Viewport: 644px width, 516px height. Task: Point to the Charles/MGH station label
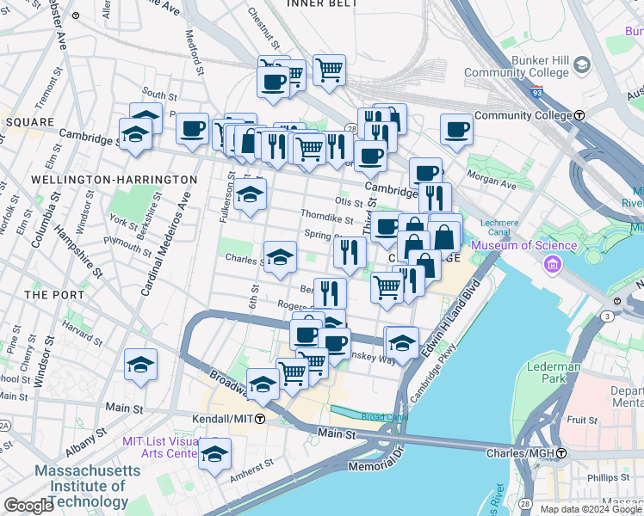click(x=524, y=452)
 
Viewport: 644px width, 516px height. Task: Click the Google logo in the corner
click(x=29, y=505)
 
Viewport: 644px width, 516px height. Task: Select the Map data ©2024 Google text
click(x=590, y=508)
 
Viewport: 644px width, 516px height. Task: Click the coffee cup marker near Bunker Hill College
click(x=456, y=130)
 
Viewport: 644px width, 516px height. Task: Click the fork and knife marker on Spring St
click(x=350, y=251)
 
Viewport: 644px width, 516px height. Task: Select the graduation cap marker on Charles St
click(x=280, y=257)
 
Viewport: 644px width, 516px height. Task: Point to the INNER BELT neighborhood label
click(x=323, y=4)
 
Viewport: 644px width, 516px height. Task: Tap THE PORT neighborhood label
click(x=53, y=294)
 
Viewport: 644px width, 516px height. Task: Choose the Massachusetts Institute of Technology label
click(x=82, y=486)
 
